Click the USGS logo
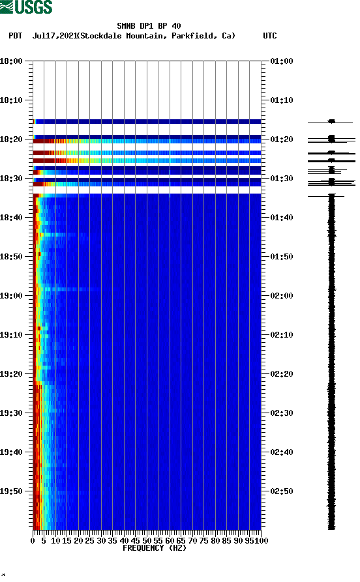pos(26,7)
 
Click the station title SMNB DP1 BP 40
pos(149,26)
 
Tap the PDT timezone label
pos(15,36)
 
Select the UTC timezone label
pos(269,36)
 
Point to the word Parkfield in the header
pos(194,36)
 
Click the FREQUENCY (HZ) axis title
pos(154,548)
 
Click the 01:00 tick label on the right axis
pos(282,61)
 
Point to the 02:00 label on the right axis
pos(282,296)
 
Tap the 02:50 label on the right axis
pos(282,491)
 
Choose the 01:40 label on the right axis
pos(282,218)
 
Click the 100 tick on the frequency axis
pos(262,540)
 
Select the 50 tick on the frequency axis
pos(147,540)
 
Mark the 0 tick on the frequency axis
pos(33,540)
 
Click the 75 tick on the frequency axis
pos(204,540)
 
